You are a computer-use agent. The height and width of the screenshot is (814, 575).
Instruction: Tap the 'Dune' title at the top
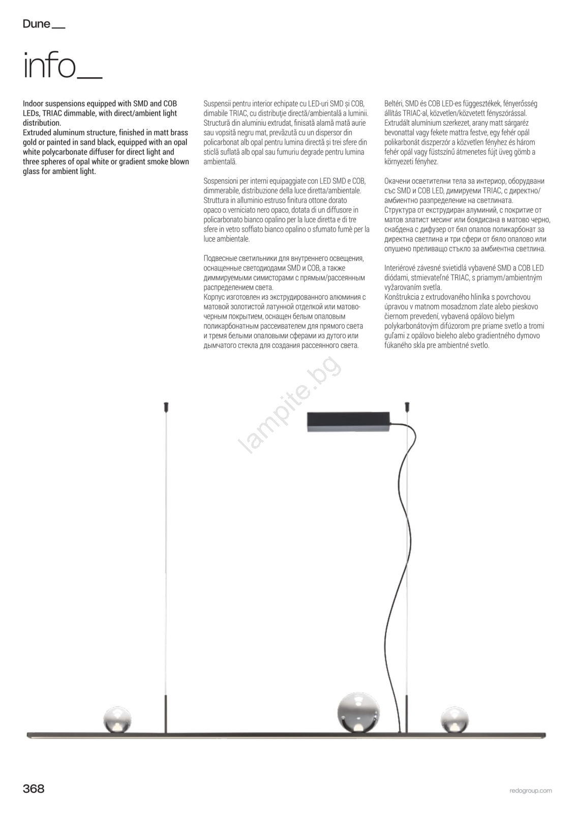[37, 24]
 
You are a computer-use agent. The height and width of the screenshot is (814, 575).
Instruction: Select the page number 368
[34, 789]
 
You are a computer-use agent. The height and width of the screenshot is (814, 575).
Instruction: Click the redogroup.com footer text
[530, 791]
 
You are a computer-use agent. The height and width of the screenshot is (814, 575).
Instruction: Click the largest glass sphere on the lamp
[358, 712]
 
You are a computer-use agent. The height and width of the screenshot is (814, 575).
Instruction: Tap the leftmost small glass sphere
[117, 719]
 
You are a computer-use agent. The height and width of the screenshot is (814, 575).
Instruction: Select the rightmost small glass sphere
[454, 719]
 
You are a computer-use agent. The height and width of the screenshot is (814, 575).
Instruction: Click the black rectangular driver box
[348, 422]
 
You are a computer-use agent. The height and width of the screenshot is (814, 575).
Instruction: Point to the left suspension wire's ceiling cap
[166, 407]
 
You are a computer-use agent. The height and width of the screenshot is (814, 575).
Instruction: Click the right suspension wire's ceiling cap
[407, 407]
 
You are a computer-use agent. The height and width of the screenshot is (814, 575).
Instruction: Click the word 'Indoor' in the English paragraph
[33, 104]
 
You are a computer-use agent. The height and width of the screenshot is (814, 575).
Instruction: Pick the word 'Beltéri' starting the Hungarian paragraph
[394, 104]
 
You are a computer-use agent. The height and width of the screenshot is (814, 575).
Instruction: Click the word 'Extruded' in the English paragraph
[37, 133]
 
